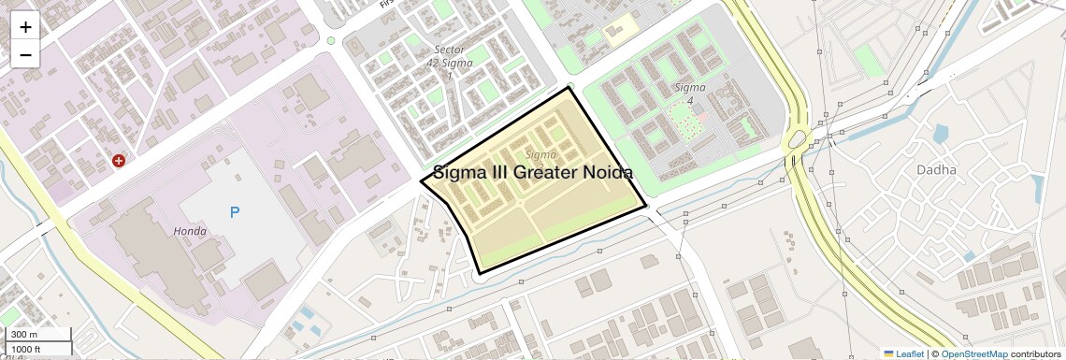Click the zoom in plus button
click(x=25, y=27)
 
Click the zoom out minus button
click(x=25, y=54)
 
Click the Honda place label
click(x=190, y=231)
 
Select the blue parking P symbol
click(x=235, y=212)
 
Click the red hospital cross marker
click(x=119, y=161)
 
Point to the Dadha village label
click(x=936, y=170)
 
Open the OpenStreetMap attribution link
click(x=973, y=353)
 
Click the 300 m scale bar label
click(x=24, y=335)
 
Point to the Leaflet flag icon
click(x=888, y=353)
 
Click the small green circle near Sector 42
click(x=331, y=40)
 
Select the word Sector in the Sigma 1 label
click(x=449, y=50)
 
